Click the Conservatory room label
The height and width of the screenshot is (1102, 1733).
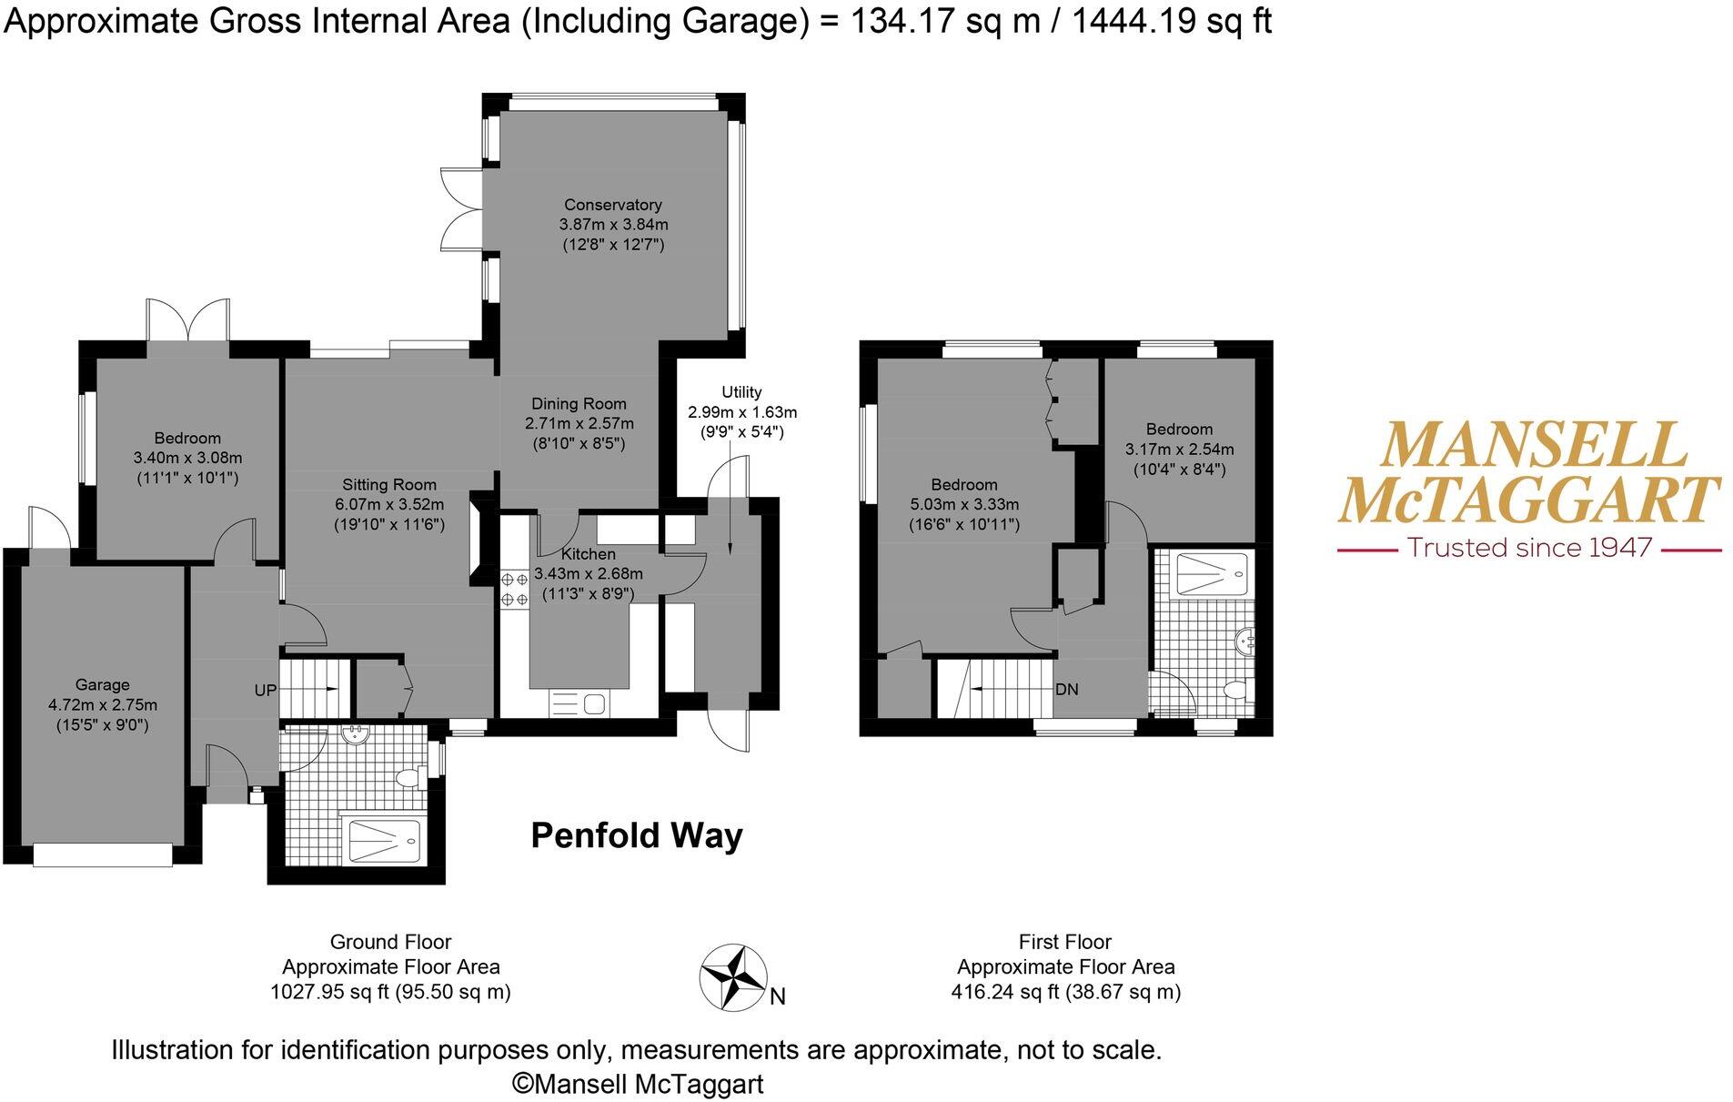[x=612, y=205]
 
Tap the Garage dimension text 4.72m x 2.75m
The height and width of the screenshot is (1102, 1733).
[x=103, y=705]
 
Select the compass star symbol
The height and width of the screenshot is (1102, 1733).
[x=732, y=976]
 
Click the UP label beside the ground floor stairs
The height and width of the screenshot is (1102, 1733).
[x=265, y=691]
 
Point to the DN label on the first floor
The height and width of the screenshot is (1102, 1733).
[x=1066, y=689]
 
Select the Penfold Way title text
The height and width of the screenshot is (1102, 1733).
[x=636, y=835]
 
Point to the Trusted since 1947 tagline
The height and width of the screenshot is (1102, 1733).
[x=1529, y=548]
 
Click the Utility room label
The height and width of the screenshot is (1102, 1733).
[x=741, y=392]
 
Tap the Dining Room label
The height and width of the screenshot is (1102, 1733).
[x=579, y=404]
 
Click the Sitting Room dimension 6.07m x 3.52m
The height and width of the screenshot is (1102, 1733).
[x=388, y=504]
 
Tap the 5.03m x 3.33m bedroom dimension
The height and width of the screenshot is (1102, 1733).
[x=963, y=504]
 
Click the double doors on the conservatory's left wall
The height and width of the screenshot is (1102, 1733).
[x=461, y=209]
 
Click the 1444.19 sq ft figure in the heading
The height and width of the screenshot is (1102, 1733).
[x=1171, y=20]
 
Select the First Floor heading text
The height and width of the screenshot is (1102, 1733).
[x=1064, y=942]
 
